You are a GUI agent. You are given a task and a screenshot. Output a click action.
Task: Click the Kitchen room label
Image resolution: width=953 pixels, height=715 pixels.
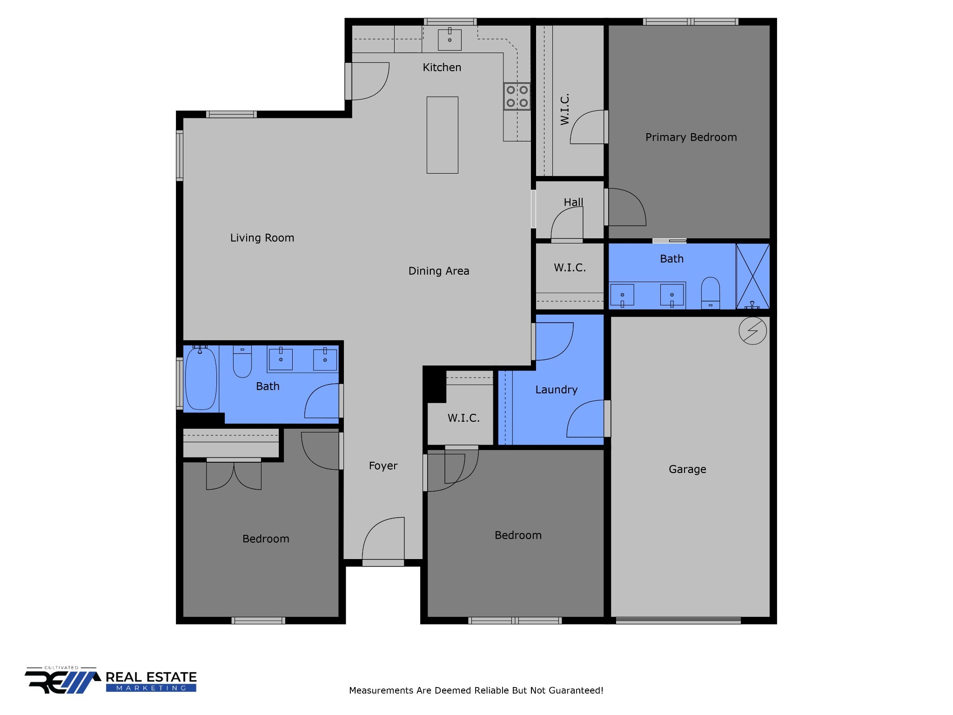coord(442,67)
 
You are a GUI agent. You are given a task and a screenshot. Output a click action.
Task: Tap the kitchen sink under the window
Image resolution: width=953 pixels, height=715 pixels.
coord(450,40)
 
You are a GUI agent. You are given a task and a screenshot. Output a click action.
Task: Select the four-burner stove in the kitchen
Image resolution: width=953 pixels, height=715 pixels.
coord(517,96)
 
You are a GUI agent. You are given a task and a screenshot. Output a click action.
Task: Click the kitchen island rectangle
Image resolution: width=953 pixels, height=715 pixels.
coord(442,135)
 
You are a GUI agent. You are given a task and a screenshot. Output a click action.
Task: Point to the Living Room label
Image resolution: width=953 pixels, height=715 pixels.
coord(262,238)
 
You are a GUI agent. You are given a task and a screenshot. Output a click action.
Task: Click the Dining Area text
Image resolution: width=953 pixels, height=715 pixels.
coord(438,271)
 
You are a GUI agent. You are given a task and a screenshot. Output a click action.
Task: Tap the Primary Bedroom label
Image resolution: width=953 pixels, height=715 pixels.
coord(691,137)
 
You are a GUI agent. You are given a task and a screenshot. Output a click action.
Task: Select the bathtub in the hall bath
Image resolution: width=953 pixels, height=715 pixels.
coord(201,378)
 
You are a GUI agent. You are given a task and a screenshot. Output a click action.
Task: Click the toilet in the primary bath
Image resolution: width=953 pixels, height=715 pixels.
coord(710,293)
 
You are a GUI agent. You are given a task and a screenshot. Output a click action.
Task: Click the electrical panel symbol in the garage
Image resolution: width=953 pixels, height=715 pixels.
coord(752,331)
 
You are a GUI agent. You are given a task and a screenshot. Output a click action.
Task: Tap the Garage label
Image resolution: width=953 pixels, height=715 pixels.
coord(687,469)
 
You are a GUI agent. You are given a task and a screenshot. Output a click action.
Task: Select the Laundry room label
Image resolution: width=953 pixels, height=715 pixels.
coord(556,390)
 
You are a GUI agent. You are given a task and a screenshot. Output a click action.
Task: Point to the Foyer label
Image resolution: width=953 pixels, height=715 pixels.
coord(383,466)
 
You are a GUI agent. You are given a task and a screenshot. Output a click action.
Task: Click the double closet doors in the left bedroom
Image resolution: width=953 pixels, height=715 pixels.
coord(234,475)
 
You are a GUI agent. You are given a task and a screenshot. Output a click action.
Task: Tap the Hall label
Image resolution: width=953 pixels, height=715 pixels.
coord(573,202)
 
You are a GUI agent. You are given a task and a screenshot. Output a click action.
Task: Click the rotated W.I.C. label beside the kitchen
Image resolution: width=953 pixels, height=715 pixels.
coord(564,109)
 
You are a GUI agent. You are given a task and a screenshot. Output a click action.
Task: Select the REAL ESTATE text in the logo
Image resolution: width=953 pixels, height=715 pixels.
coord(151,677)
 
